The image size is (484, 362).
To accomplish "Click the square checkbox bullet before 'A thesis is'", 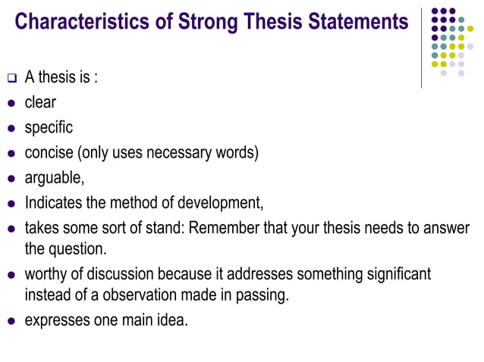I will [x=11, y=78].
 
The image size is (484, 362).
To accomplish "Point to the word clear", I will [x=40, y=102].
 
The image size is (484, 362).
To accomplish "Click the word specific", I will [x=49, y=127].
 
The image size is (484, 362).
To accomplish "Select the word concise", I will [x=49, y=152].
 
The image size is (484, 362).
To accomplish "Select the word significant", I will [x=392, y=273].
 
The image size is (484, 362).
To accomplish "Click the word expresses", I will [x=58, y=320].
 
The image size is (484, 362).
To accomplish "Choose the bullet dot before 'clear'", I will [x=11, y=103].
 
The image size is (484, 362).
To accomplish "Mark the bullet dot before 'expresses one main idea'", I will [x=11, y=320].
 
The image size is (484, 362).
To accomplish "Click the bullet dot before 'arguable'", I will [x=11, y=179].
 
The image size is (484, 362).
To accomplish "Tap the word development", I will [x=219, y=203].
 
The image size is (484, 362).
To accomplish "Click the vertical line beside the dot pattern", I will [x=422, y=45].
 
